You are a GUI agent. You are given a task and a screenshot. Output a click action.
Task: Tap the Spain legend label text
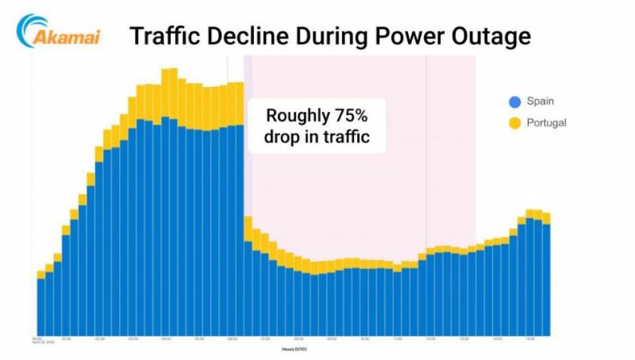[540, 102]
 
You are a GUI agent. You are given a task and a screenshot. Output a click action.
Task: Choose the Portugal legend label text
[546, 122]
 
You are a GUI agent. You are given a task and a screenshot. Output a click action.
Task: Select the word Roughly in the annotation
[296, 116]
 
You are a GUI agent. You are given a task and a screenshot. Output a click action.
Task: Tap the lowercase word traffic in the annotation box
[345, 137]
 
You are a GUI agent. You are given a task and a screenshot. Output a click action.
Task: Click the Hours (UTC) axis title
[294, 349]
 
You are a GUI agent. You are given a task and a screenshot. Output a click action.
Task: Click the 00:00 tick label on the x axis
[37, 338]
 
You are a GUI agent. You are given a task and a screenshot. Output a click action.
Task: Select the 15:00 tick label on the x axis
[530, 338]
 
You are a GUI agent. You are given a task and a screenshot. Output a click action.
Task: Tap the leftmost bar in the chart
[41, 304]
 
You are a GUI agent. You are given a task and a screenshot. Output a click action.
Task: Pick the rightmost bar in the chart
[546, 278]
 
